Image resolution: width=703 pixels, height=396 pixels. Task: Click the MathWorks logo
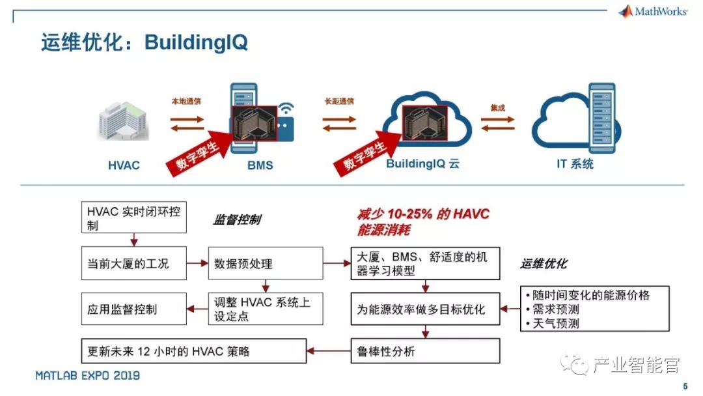[652, 11]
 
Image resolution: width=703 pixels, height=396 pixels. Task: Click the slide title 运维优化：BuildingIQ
[144, 43]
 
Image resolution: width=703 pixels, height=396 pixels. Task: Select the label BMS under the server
[260, 165]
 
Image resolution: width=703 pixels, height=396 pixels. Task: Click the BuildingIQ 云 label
[422, 163]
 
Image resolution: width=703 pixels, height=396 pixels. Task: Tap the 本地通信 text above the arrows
[186, 102]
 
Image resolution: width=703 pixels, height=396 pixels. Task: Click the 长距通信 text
[339, 102]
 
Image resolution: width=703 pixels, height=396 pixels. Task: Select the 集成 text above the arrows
[497, 107]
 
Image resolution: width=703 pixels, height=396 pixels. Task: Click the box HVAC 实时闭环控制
[133, 218]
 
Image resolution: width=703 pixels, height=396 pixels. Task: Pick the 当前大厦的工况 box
[133, 264]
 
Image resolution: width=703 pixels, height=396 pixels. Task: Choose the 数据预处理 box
[265, 264]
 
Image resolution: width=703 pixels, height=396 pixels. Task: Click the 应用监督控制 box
[133, 309]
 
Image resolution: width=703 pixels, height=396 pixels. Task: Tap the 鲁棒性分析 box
[425, 352]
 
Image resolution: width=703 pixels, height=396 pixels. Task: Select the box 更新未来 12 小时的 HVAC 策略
[193, 352]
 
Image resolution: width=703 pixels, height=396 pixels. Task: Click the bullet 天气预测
[556, 323]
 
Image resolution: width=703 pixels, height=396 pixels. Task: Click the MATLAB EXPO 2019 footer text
[87, 376]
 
